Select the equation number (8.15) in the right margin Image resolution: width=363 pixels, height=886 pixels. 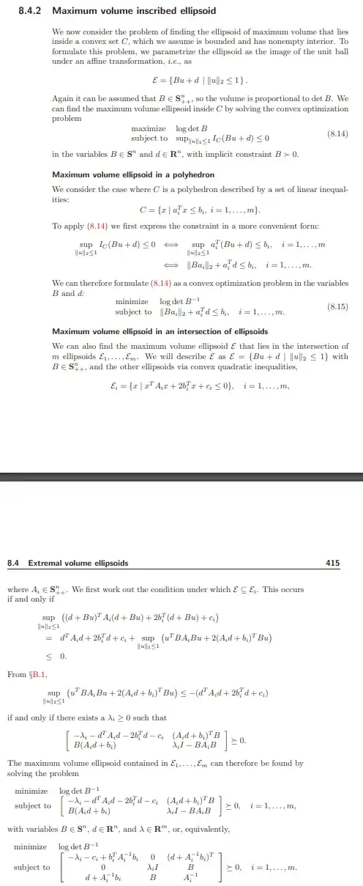(336, 306)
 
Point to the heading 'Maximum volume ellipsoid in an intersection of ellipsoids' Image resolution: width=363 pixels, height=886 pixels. (160, 331)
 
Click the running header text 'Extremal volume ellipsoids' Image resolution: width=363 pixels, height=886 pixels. (78, 563)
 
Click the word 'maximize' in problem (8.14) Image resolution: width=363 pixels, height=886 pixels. (146, 129)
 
